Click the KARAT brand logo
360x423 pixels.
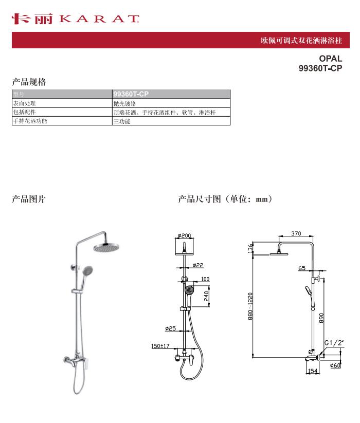coord(75,19)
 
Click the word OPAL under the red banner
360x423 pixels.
coord(330,59)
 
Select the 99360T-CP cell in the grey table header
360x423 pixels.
coord(171,94)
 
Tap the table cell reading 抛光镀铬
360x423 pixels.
coord(171,103)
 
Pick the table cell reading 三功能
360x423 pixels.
coord(171,121)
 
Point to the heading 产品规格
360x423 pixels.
coord(29,82)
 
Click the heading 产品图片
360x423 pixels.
coord(29,199)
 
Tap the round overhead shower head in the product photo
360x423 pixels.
coord(106,247)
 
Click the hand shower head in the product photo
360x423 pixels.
coord(87,269)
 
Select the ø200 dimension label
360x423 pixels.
coord(184,235)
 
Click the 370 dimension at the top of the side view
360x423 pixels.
coord(296,233)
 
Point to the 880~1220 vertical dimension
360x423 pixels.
coord(250,306)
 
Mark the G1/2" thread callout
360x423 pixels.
coord(334,343)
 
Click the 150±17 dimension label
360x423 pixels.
coord(160,345)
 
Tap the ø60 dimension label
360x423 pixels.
coord(335,365)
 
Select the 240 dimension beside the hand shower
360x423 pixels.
coord(206,296)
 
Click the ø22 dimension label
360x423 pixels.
coord(198,265)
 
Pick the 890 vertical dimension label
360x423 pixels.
coord(321,318)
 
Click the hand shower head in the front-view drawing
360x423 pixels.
coord(189,290)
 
